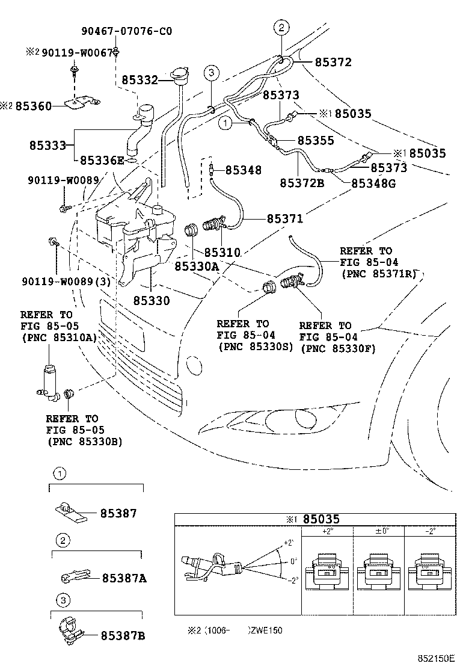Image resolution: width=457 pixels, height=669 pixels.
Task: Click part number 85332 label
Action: click(x=140, y=79)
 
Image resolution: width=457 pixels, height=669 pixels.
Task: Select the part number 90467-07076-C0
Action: click(x=127, y=31)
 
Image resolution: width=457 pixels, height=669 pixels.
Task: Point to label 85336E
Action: click(x=102, y=160)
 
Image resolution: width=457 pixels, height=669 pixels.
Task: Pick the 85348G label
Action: click(x=373, y=183)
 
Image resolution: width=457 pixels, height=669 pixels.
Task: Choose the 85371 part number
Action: click(x=285, y=220)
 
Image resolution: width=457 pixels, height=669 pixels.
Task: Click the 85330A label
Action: click(x=197, y=264)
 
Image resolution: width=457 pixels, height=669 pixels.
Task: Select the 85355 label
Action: click(x=316, y=140)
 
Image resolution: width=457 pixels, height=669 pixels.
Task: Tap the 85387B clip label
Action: click(x=123, y=635)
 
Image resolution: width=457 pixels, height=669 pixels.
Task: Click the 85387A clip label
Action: click(x=123, y=578)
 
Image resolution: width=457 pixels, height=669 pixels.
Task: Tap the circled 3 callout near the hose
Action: click(x=210, y=73)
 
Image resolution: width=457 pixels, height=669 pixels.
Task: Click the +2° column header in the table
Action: click(x=327, y=532)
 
